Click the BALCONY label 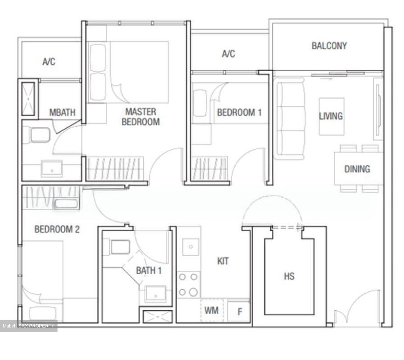[329, 46]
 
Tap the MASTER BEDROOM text [141, 117]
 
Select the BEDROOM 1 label [239, 112]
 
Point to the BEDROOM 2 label [57, 229]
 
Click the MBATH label [62, 112]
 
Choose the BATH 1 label [149, 271]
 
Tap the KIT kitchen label [223, 261]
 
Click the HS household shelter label [289, 276]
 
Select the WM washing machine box [212, 310]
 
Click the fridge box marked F [239, 311]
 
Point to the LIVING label [331, 116]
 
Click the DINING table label [357, 169]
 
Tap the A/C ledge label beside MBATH [49, 61]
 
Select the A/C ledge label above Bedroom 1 [228, 53]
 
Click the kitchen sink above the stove [190, 247]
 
